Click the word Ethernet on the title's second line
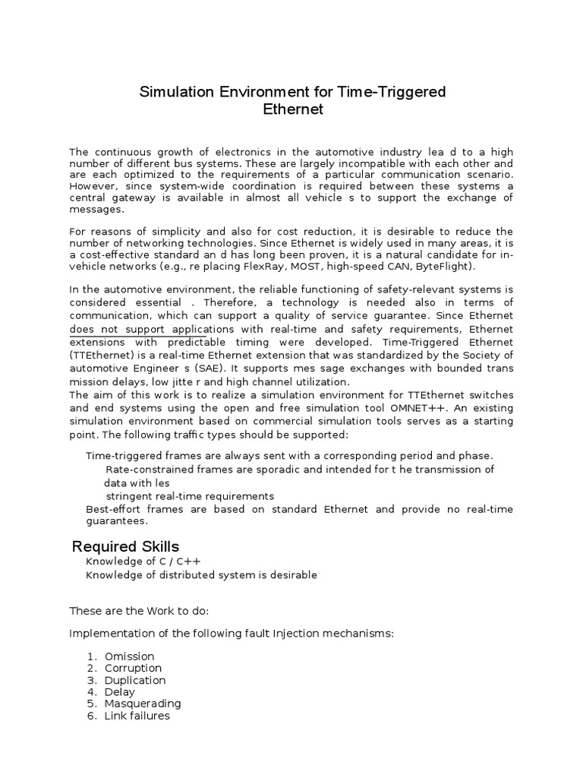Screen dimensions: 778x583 (x=292, y=109)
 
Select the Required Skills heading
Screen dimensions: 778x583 (x=125, y=546)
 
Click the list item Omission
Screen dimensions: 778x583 (x=129, y=656)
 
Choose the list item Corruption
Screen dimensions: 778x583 (x=133, y=668)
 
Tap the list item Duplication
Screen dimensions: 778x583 (x=135, y=680)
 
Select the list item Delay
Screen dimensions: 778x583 (x=120, y=691)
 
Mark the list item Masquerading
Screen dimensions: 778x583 (x=143, y=704)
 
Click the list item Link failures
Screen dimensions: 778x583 (x=137, y=716)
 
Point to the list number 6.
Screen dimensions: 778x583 (x=90, y=716)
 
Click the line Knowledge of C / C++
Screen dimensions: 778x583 (x=143, y=561)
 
